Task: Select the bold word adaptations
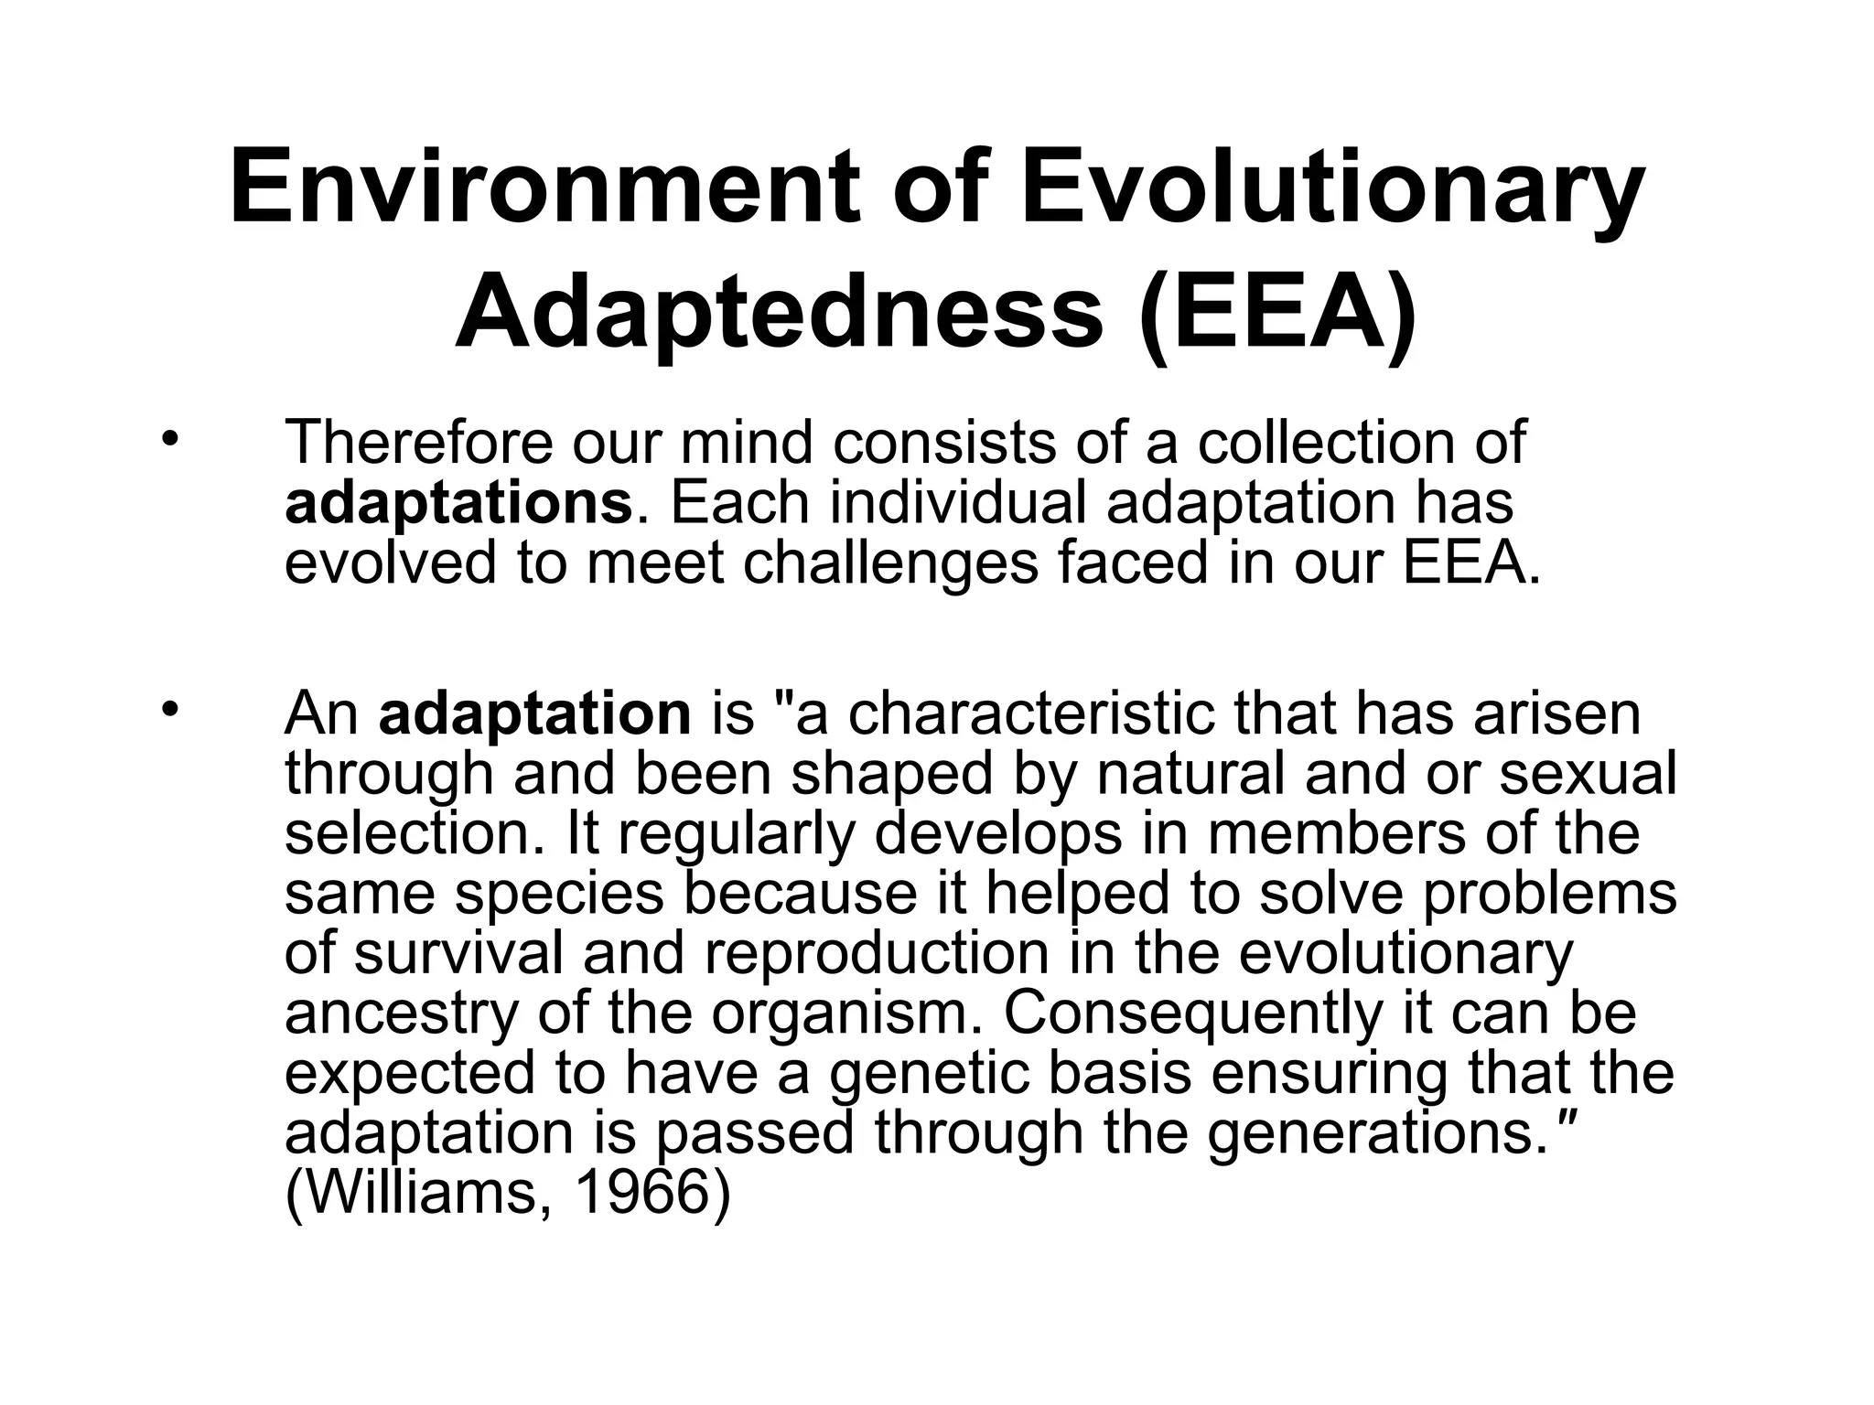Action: [x=458, y=503]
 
